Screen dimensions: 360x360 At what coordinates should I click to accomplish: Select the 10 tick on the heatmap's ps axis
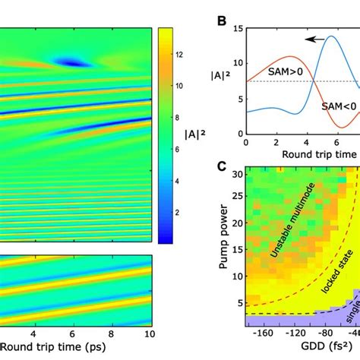click(x=150, y=333)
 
